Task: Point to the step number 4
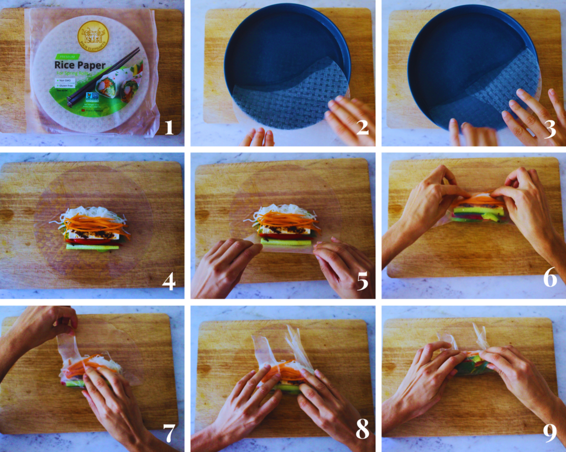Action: tap(169, 281)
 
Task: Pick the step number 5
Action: tap(362, 281)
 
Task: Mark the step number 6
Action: tap(549, 279)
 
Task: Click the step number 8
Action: tap(362, 431)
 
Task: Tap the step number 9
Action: tap(549, 433)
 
